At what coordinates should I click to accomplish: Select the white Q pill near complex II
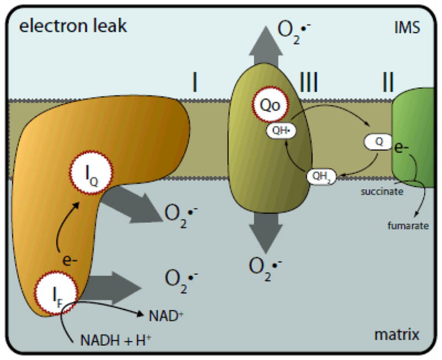click(x=379, y=142)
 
